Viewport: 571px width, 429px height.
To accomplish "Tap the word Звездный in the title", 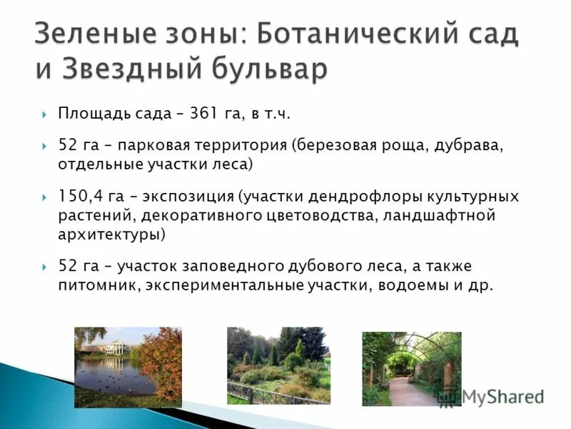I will tap(136, 69).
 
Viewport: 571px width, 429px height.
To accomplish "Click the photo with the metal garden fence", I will tap(278, 365).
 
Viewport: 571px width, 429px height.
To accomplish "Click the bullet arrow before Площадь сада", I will tap(44, 114).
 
